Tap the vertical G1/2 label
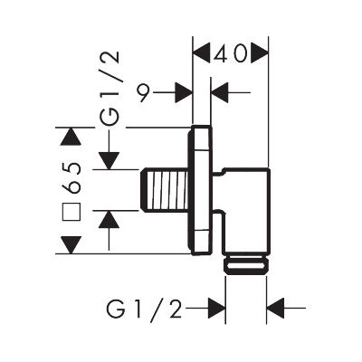click(110, 90)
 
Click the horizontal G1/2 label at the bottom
click(145, 310)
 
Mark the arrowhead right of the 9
click(184, 90)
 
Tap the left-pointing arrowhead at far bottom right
click(275, 310)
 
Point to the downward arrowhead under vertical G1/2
click(109, 159)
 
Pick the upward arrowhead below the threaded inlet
click(109, 218)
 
